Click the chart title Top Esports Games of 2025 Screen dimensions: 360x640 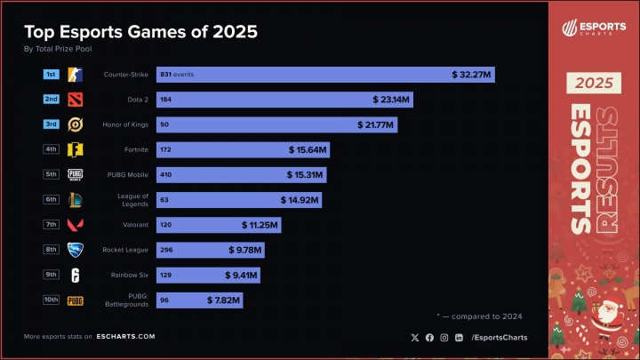pos(140,33)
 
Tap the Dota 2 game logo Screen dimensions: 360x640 pos(76,100)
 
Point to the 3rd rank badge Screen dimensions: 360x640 pos(52,124)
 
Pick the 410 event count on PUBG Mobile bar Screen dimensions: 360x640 pos(165,175)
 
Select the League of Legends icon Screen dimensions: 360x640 pos(76,200)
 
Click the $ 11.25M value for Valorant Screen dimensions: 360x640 pos(259,226)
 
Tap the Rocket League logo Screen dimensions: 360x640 pos(76,251)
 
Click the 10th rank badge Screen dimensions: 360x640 pos(52,300)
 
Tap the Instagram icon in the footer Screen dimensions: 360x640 pos(444,337)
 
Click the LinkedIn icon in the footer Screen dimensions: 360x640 pos(459,337)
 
